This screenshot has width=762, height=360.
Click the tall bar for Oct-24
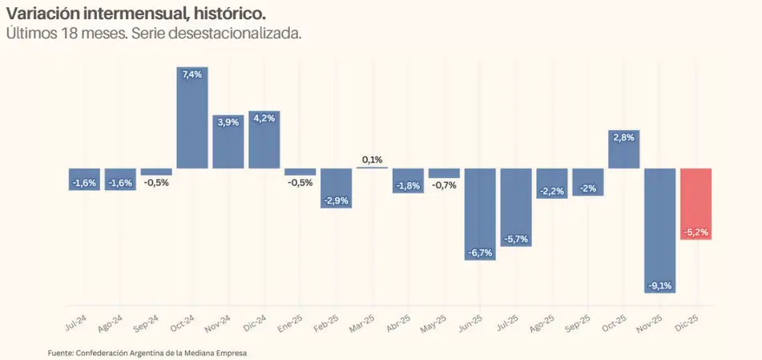click(192, 120)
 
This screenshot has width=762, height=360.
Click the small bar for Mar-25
click(372, 168)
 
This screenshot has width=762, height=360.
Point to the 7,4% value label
click(192, 75)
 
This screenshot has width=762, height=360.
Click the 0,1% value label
click(372, 160)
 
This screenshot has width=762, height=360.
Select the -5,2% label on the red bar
click(696, 233)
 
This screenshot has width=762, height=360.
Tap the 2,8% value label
click(624, 137)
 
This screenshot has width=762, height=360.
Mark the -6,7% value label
click(480, 253)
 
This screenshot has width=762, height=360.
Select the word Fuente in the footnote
click(60, 352)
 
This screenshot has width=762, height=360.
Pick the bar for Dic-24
click(264, 140)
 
